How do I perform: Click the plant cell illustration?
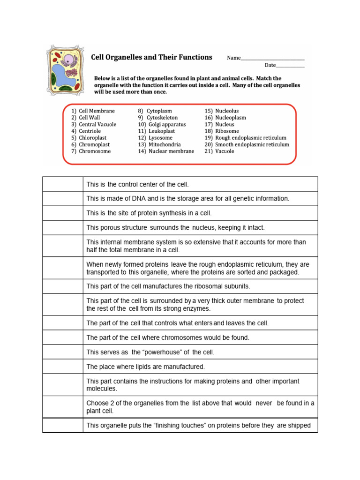pyautogui.click(x=65, y=71)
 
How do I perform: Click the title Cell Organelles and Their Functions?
pyautogui.click(x=151, y=57)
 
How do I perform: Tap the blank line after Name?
pyautogui.click(x=272, y=59)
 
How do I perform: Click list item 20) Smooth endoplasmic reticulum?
pyautogui.click(x=247, y=145)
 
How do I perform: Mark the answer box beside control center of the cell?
pyautogui.click(x=62, y=184)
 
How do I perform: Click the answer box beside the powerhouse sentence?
pyautogui.click(x=62, y=352)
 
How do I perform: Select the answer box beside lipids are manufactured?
pyautogui.click(x=62, y=367)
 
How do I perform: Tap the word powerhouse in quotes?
pyautogui.click(x=157, y=352)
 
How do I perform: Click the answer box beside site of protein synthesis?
pyautogui.click(x=62, y=213)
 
